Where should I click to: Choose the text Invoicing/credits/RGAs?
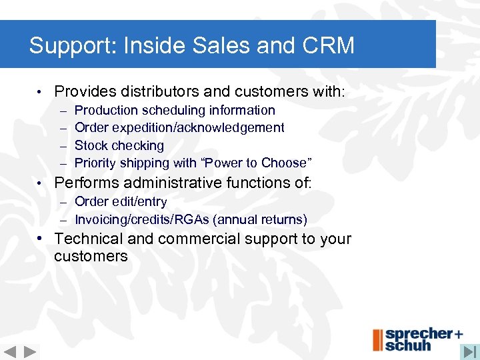point(141,219)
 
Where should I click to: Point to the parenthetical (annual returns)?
point(259,219)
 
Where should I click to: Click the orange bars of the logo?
point(377,339)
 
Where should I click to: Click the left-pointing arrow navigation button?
point(10,351)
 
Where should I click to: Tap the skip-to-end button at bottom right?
point(469,351)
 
